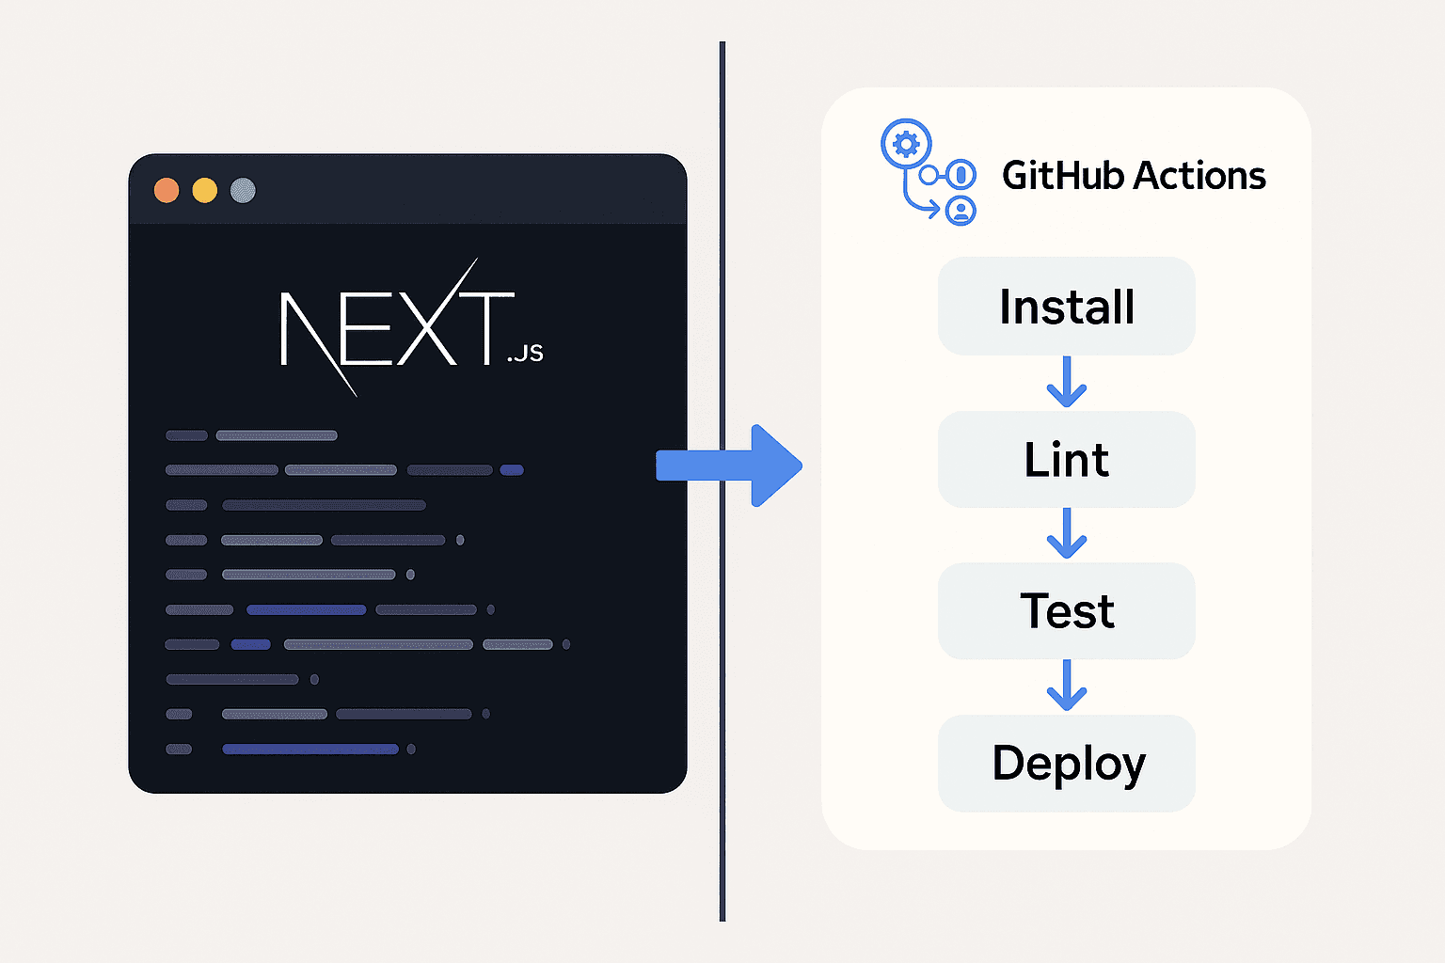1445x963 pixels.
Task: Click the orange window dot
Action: click(167, 191)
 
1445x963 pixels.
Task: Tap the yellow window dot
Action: click(205, 191)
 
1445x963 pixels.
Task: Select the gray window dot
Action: click(243, 191)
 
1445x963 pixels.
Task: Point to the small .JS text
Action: click(525, 353)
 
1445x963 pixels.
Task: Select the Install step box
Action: click(1066, 307)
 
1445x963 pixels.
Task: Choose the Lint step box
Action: click(1066, 460)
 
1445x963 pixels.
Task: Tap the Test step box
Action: click(1066, 611)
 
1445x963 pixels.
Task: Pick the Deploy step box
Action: click(1066, 763)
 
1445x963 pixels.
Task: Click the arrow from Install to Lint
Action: click(1066, 382)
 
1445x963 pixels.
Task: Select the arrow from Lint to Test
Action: click(1066, 533)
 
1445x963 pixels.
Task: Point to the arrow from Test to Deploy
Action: click(1066, 686)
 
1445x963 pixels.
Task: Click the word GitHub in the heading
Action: click(1062, 176)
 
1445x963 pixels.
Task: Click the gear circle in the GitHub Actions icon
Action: click(905, 145)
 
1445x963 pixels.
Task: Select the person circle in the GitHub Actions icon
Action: click(961, 210)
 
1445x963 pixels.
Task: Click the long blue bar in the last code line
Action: click(310, 750)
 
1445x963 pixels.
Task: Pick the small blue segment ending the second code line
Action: click(512, 470)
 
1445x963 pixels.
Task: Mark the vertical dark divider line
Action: click(722, 658)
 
